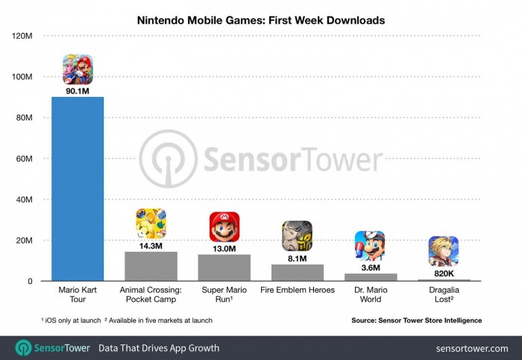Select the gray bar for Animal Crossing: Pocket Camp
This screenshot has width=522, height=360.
[x=151, y=266]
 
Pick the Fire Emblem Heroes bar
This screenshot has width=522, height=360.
[x=297, y=273]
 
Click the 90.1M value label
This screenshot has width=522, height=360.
[x=78, y=91]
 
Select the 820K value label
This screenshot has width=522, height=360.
[x=444, y=274]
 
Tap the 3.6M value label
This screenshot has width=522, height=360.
[x=370, y=268]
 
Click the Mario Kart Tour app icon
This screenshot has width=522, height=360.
[x=78, y=70]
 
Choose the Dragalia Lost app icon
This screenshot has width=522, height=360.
[x=444, y=251]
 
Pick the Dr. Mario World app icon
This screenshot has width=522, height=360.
[x=370, y=245]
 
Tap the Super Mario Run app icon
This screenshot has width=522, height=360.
[x=224, y=227]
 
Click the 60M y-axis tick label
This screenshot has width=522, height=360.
[x=22, y=159]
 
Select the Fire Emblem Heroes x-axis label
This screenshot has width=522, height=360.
[x=297, y=289]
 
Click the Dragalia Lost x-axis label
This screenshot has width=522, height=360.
[x=444, y=294]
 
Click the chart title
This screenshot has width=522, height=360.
[x=260, y=20]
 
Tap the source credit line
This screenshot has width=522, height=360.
[x=417, y=320]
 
